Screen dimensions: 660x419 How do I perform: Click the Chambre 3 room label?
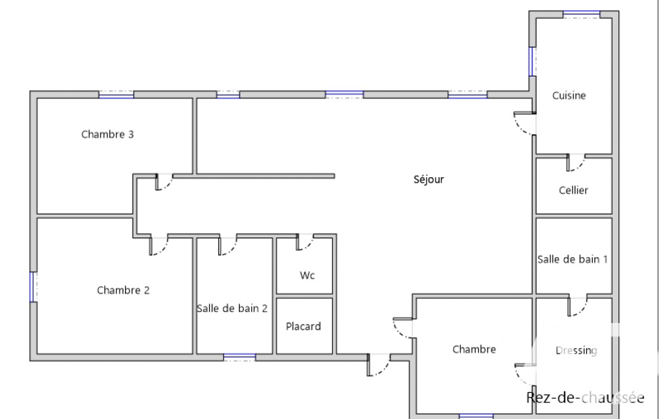tap(108, 135)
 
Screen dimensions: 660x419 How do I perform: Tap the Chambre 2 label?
tap(123, 291)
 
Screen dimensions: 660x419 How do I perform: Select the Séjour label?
tap(428, 180)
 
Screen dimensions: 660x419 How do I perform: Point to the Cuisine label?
tap(569, 95)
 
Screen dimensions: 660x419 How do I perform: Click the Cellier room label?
tap(573, 191)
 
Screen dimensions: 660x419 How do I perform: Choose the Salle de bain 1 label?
tap(572, 259)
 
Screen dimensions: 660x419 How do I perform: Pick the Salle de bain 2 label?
tap(232, 309)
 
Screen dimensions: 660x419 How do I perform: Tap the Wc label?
tap(307, 276)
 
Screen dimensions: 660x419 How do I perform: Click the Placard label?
tap(303, 327)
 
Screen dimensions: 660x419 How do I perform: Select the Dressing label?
tap(576, 351)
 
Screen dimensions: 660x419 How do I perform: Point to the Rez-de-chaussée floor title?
tap(585, 398)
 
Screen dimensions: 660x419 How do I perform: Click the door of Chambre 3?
tap(164, 182)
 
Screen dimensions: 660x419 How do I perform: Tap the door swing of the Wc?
tap(305, 242)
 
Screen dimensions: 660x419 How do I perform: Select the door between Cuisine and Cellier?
tap(576, 162)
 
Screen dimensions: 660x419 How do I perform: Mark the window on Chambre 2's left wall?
tap(32, 287)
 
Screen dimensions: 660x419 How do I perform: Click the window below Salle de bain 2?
tap(240, 358)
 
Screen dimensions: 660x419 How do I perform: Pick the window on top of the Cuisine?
tap(581, 14)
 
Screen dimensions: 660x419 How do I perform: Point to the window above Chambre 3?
tap(116, 94)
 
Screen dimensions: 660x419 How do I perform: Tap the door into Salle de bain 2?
tap(227, 246)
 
